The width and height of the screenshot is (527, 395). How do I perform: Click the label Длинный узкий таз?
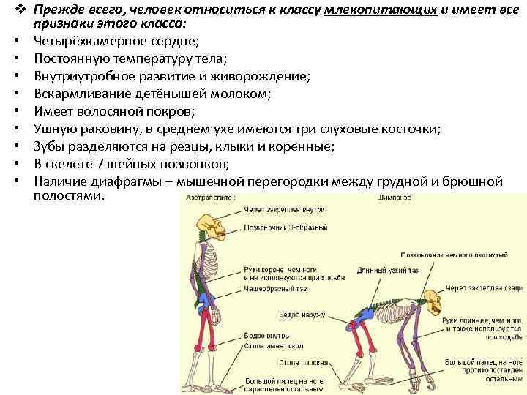378,271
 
